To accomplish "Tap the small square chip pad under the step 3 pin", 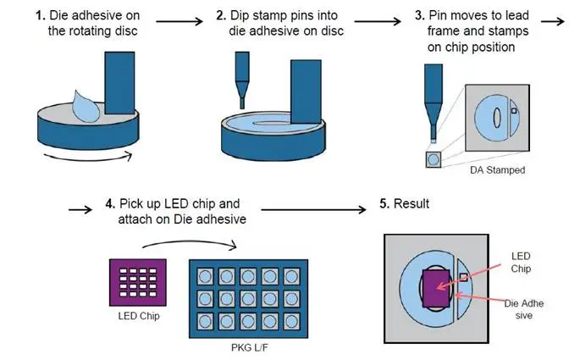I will point(434,158).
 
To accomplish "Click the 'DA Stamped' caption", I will point(497,170).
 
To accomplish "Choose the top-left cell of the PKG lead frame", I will point(205,275).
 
